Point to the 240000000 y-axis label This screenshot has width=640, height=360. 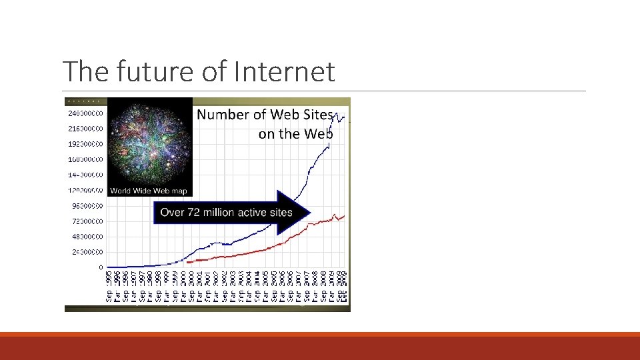pyautogui.click(x=86, y=113)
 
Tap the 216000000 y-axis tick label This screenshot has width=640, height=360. pyautogui.click(x=86, y=129)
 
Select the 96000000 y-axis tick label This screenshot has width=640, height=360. pyautogui.click(x=86, y=206)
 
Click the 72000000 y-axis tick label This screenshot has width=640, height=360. pyautogui.click(x=86, y=221)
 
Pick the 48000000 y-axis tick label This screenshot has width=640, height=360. pyautogui.click(x=86, y=237)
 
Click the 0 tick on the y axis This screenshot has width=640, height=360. pyautogui.click(x=101, y=267)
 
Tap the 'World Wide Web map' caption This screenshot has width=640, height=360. pyautogui.click(x=149, y=191)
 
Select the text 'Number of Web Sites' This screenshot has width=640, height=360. pyautogui.click(x=265, y=115)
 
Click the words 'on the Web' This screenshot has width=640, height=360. pyautogui.click(x=295, y=134)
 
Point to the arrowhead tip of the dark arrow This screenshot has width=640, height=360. pyautogui.click(x=310, y=213)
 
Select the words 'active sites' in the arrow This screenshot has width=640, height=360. pyautogui.click(x=266, y=213)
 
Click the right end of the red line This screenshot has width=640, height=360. pyautogui.click(x=344, y=216)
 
